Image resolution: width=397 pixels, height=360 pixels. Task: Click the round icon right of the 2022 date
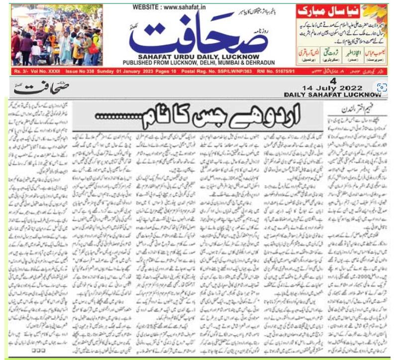click(x=382, y=88)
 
